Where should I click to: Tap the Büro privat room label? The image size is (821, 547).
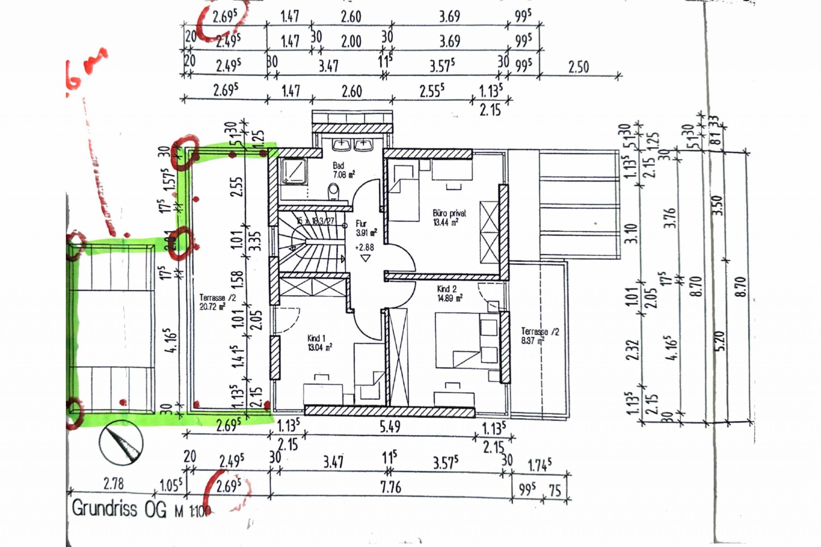449,217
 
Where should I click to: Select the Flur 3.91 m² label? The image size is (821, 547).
366,228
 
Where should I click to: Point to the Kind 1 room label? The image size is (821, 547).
319,342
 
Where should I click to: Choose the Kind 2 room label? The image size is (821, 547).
449,293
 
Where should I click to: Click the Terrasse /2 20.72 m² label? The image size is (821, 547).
217,302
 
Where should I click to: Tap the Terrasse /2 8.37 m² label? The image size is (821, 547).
539,335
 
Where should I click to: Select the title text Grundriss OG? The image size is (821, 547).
119,508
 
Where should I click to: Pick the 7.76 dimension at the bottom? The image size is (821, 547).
391,487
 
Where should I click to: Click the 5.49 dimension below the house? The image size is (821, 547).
390,426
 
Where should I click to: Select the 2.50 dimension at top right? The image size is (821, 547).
579,67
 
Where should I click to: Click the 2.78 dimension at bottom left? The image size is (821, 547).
114,484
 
